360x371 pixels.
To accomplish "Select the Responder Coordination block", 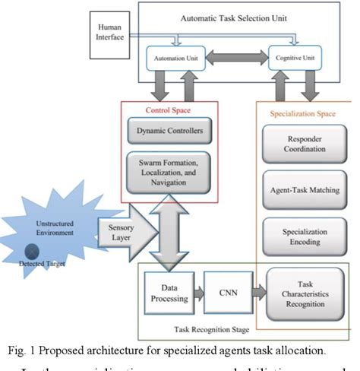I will click(304, 144).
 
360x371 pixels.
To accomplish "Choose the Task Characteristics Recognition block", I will click(304, 293).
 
